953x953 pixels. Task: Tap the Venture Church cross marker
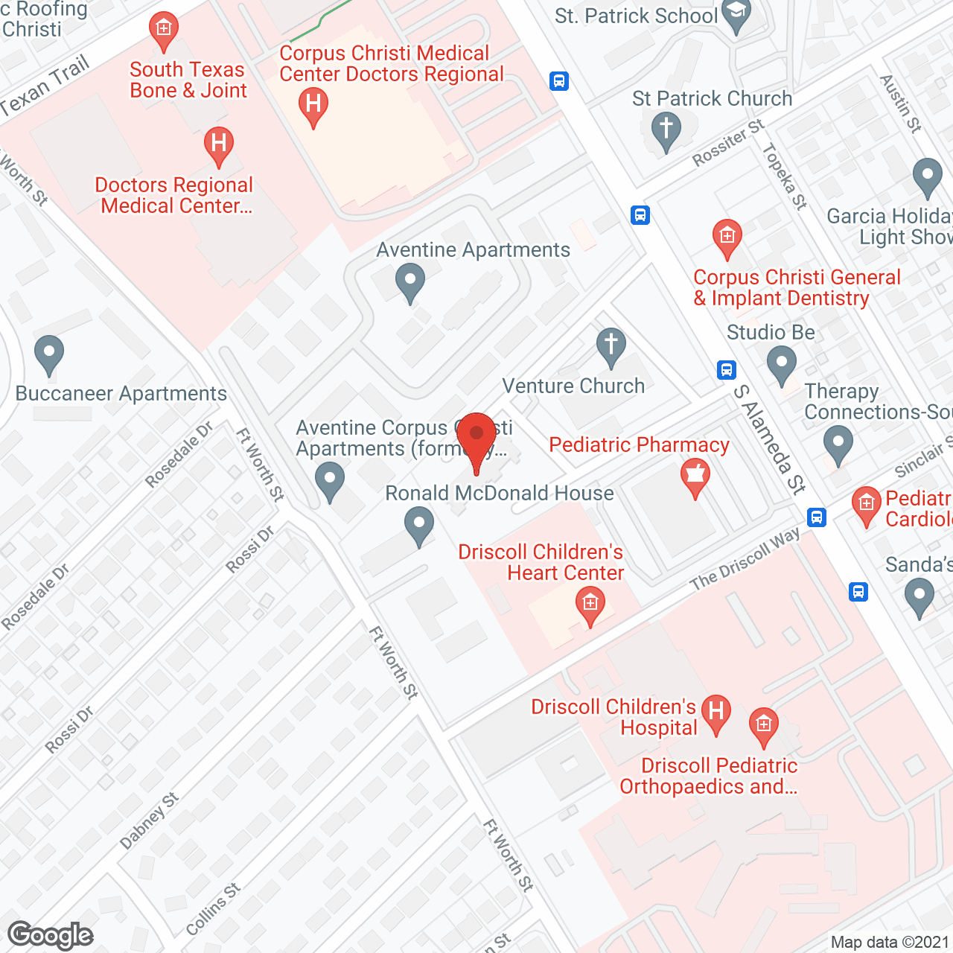click(611, 346)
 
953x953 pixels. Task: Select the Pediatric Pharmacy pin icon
click(695, 476)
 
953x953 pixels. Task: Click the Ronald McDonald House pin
click(419, 524)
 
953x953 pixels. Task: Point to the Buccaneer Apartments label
click(121, 394)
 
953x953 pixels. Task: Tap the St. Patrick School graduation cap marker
click(736, 14)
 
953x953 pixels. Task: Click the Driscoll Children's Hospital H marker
click(715, 713)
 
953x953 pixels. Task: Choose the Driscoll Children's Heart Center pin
click(590, 605)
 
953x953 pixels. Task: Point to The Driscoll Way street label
click(745, 558)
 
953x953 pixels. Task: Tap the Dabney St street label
click(149, 820)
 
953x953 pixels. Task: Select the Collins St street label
click(213, 909)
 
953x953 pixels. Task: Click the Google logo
click(51, 935)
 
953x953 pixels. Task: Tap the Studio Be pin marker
click(781, 366)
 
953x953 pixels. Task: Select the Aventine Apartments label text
click(474, 250)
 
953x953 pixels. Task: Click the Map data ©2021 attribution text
click(890, 943)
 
